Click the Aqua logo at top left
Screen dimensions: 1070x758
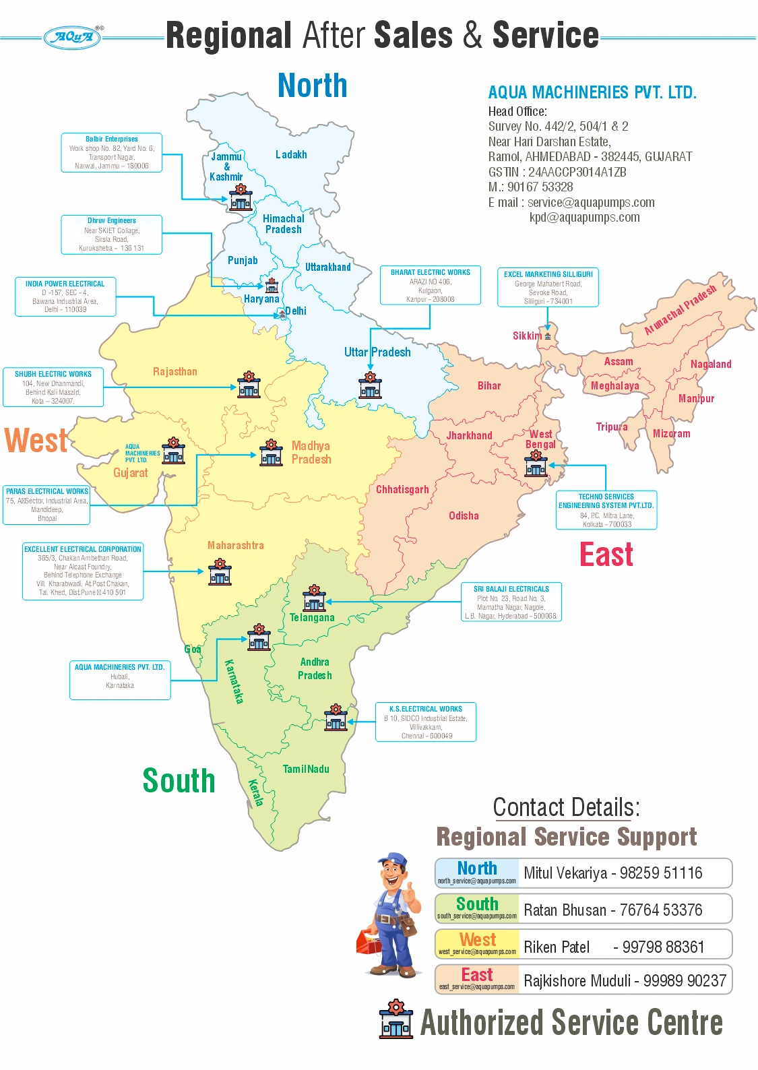tap(73, 37)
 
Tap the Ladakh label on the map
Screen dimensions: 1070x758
tap(291, 155)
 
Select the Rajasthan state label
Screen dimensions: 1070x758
tap(175, 372)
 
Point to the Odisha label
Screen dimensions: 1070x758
tap(464, 516)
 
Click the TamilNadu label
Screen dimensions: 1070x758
tap(306, 769)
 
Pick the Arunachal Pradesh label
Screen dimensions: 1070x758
tap(680, 310)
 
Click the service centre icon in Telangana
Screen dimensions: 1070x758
tap(314, 598)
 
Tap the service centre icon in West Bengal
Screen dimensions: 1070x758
tap(536, 464)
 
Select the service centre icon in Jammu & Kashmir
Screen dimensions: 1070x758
tap(241, 198)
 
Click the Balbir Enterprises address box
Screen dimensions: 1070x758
tap(112, 152)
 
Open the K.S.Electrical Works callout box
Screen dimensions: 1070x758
tap(426, 722)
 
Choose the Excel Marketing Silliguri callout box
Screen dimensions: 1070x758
tap(548, 288)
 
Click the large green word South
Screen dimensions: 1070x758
tap(179, 781)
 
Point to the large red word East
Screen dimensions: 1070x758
tap(606, 555)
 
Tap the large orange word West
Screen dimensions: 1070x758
tap(36, 441)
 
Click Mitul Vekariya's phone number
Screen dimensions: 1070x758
tap(661, 873)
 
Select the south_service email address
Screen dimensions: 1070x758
tap(477, 916)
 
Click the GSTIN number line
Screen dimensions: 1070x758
tap(557, 172)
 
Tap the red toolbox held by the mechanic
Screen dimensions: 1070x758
tap(369, 941)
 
